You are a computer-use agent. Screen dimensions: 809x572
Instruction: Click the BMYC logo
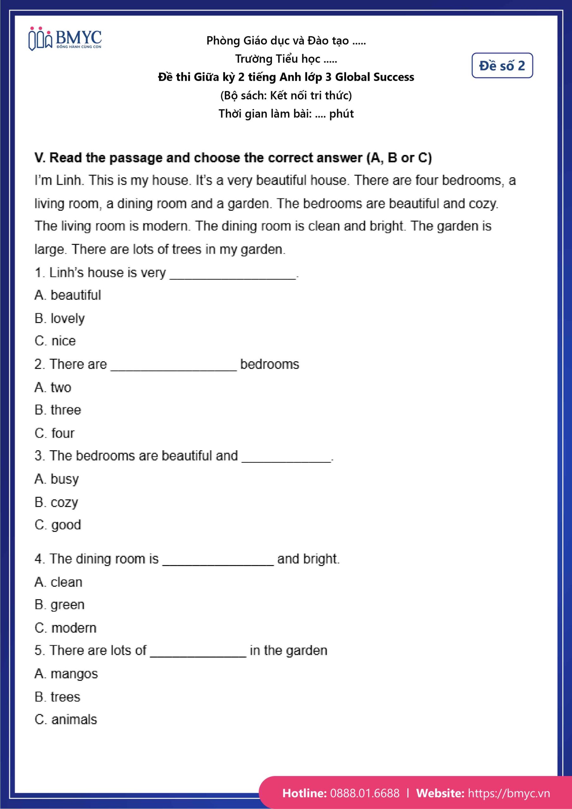(x=65, y=39)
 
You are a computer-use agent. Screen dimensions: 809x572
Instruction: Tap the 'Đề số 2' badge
(x=502, y=65)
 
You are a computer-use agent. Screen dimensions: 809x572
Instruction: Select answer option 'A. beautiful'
(x=68, y=295)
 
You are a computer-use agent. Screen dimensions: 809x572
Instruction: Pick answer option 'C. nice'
(x=55, y=341)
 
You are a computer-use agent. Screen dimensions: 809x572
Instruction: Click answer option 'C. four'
(x=55, y=433)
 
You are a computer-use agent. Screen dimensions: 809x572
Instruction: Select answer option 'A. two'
(x=53, y=387)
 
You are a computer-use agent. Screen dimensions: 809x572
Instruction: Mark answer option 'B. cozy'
(x=56, y=502)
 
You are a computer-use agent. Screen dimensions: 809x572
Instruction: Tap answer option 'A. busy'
(x=57, y=479)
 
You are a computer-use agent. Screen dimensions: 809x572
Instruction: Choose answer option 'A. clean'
(x=58, y=582)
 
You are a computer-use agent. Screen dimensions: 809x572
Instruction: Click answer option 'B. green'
(x=59, y=605)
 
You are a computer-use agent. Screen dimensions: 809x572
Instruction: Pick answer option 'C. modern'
(x=65, y=628)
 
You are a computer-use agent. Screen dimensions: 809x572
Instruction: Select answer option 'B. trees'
(x=58, y=697)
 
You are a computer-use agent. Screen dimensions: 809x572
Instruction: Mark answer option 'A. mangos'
(x=66, y=674)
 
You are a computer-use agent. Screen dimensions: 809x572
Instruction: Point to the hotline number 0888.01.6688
(x=365, y=793)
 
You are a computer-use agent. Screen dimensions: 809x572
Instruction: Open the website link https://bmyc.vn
(x=508, y=793)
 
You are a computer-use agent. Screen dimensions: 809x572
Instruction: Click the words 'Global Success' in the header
(x=374, y=77)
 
